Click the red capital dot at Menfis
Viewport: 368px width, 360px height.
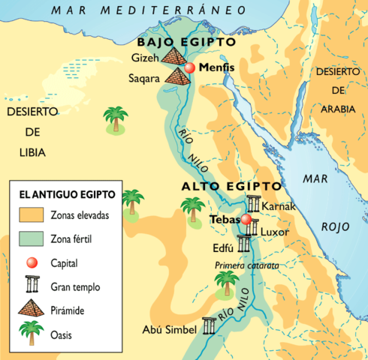(x=190, y=68)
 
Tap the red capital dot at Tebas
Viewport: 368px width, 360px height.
(x=246, y=220)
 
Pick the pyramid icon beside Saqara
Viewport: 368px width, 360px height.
(x=179, y=76)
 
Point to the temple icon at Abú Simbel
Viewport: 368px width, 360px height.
(x=208, y=326)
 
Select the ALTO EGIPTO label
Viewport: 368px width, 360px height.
(x=231, y=186)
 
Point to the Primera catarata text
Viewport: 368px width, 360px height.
(x=246, y=265)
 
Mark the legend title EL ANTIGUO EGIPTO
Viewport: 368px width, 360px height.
(x=67, y=194)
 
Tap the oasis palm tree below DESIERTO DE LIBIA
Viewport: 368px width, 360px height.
(x=115, y=120)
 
